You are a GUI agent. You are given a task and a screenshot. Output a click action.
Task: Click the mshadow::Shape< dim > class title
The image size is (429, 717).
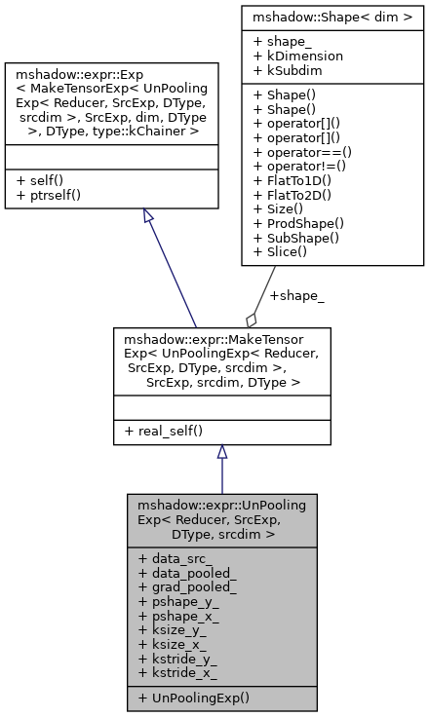click(332, 17)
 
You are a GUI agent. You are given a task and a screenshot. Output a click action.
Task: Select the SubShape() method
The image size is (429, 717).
click(294, 239)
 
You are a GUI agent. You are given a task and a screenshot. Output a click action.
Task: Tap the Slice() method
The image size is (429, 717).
click(283, 252)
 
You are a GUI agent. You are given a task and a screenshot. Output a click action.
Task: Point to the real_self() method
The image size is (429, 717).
click(163, 431)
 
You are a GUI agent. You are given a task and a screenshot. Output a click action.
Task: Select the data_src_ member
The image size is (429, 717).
click(175, 559)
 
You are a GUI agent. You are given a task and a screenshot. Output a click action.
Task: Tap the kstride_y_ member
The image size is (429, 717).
click(178, 660)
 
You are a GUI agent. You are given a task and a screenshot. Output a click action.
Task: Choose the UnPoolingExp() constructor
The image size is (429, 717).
click(193, 698)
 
